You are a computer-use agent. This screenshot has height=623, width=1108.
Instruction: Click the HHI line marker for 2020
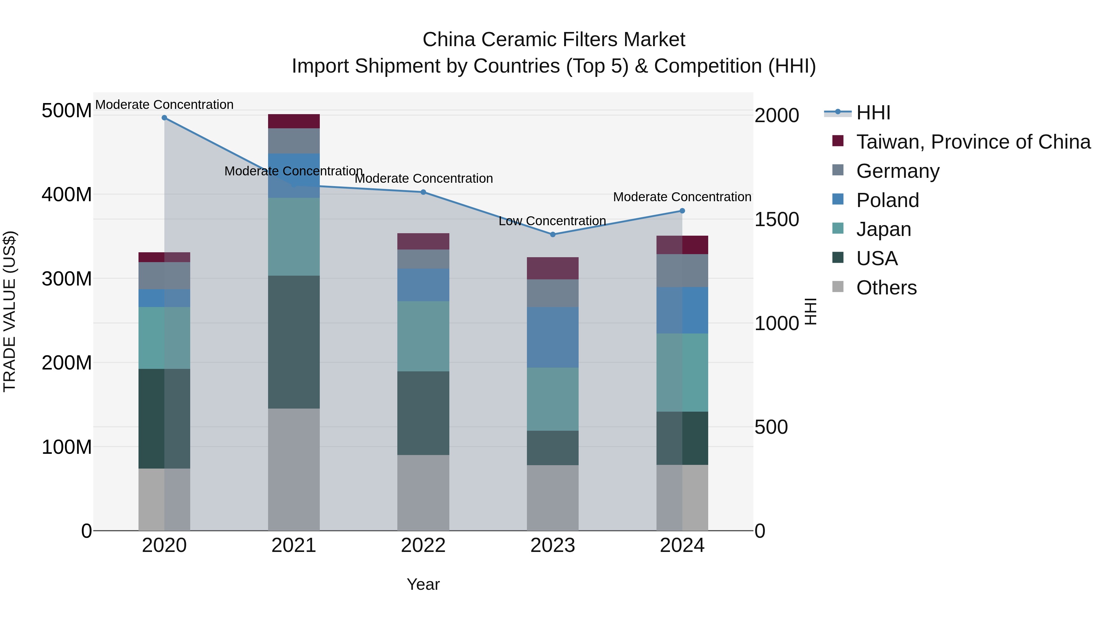coord(164,118)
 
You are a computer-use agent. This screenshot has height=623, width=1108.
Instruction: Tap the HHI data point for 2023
coord(553,234)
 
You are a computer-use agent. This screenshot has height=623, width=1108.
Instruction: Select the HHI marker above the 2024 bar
coord(682,211)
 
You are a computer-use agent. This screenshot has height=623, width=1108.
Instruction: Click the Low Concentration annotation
coord(552,221)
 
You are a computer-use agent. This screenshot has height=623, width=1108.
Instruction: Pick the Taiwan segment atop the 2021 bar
coord(294,121)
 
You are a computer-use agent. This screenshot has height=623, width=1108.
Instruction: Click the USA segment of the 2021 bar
coord(294,342)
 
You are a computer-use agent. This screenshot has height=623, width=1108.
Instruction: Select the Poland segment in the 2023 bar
coord(553,337)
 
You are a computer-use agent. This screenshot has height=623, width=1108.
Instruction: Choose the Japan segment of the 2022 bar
coord(423,336)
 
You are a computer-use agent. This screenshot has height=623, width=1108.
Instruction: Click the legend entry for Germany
coord(898,171)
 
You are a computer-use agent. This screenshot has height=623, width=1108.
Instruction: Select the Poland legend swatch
coord(838,199)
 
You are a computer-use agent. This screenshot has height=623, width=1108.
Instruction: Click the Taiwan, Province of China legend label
coord(974,142)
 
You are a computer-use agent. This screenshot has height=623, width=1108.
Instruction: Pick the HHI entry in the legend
coord(873,113)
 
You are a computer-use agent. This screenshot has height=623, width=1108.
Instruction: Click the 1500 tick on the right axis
coord(777,219)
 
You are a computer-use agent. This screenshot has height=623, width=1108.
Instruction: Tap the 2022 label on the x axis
coord(423,545)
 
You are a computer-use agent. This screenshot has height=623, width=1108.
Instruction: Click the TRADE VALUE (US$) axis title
coord(10,311)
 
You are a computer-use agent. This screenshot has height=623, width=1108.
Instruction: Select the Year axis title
coord(423,584)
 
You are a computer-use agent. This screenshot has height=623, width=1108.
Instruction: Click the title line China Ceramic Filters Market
coord(554,40)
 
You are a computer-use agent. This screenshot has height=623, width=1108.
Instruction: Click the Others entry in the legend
coord(886,288)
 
